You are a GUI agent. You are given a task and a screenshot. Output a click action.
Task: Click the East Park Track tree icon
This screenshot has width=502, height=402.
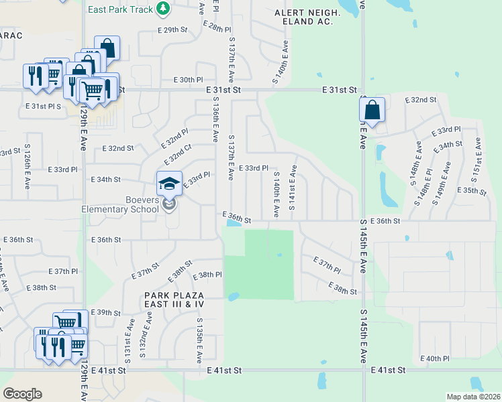[x=162, y=8]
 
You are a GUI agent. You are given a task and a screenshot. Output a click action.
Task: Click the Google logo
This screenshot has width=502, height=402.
[x=22, y=393]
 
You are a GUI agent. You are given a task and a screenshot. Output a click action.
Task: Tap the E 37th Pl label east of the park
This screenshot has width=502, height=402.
[x=327, y=264]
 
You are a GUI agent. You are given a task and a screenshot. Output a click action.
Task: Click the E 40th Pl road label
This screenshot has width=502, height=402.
[x=435, y=358]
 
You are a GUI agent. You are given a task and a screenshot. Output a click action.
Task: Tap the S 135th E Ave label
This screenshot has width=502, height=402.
[x=199, y=338]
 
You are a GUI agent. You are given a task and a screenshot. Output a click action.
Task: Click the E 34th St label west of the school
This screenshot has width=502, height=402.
[x=105, y=180]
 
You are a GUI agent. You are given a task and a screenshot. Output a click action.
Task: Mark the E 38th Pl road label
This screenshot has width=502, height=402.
[x=207, y=275]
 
